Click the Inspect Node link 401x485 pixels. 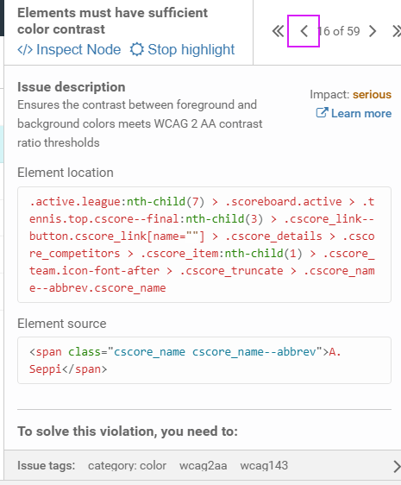point(69,49)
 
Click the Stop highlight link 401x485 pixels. point(183,49)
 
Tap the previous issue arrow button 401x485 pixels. point(304,31)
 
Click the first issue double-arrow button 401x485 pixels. point(278,31)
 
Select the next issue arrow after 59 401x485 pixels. point(373,31)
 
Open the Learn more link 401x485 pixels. point(354,113)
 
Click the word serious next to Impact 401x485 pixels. point(372,94)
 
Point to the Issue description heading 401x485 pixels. point(71,87)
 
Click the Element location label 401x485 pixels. point(66,173)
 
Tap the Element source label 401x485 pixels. point(62,324)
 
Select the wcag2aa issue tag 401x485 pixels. point(204,465)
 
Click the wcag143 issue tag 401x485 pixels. point(264,465)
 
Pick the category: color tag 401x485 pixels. point(127,465)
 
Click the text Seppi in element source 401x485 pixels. point(46,369)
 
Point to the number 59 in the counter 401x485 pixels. point(354,31)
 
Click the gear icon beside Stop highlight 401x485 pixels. point(136,49)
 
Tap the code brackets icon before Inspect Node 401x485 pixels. point(25,49)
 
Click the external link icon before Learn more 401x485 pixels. point(322,112)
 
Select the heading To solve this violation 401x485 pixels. point(128,431)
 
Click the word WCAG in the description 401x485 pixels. point(171,123)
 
